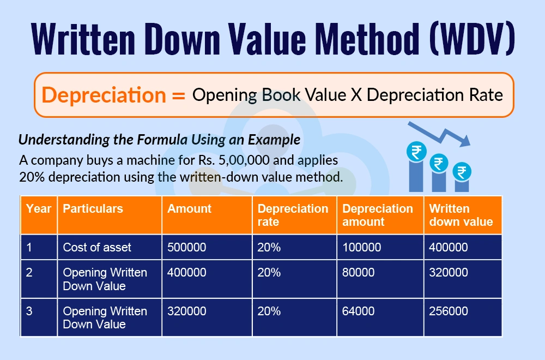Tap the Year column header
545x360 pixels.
pos(38,209)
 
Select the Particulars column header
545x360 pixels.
pos(93,209)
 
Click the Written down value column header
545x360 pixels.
pos(461,215)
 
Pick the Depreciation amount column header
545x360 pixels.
pos(378,215)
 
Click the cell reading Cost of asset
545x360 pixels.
pos(97,247)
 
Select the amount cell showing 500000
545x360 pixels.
pos(187,247)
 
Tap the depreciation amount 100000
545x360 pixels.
pos(362,247)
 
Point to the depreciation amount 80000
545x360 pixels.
pos(359,272)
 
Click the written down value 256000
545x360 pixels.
pos(449,311)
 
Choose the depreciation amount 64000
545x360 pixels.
pos(359,311)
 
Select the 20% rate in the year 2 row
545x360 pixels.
pos(269,272)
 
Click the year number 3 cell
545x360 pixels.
pos(29,311)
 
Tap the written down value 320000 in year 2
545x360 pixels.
pos(449,272)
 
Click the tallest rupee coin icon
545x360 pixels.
pos(416,152)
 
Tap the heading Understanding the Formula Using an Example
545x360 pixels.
pos(159,140)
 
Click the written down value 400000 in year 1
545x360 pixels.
pos(449,247)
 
